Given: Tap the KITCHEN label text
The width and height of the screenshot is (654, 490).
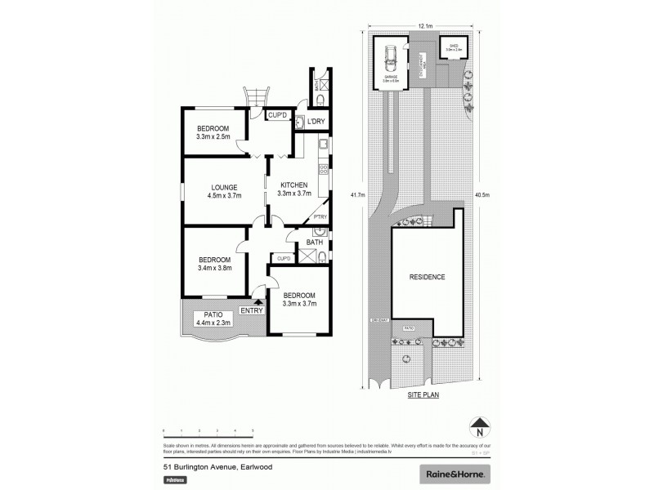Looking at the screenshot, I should point(294,185).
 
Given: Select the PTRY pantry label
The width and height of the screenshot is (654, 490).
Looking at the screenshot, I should point(320,216).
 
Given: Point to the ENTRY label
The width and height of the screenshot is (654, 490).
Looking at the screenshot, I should point(252,310).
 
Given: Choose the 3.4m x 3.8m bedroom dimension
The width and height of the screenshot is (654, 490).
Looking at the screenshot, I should point(214,268).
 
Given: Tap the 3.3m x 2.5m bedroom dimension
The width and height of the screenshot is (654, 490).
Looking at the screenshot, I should point(214,136).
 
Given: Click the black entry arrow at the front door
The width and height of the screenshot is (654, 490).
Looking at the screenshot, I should point(260,302).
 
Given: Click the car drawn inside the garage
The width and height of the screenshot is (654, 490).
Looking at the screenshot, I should point(391,59).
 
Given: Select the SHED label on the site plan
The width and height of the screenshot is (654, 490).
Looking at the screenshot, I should point(451,47).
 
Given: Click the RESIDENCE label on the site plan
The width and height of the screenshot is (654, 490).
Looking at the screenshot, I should point(427,278).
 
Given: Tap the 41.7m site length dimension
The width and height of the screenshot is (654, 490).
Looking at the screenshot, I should point(356,195).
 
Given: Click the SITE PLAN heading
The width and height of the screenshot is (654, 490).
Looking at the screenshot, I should point(423,394).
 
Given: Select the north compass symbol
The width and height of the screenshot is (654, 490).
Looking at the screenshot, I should point(480,426).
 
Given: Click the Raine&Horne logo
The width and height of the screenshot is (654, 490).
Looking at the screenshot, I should point(455,473).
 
